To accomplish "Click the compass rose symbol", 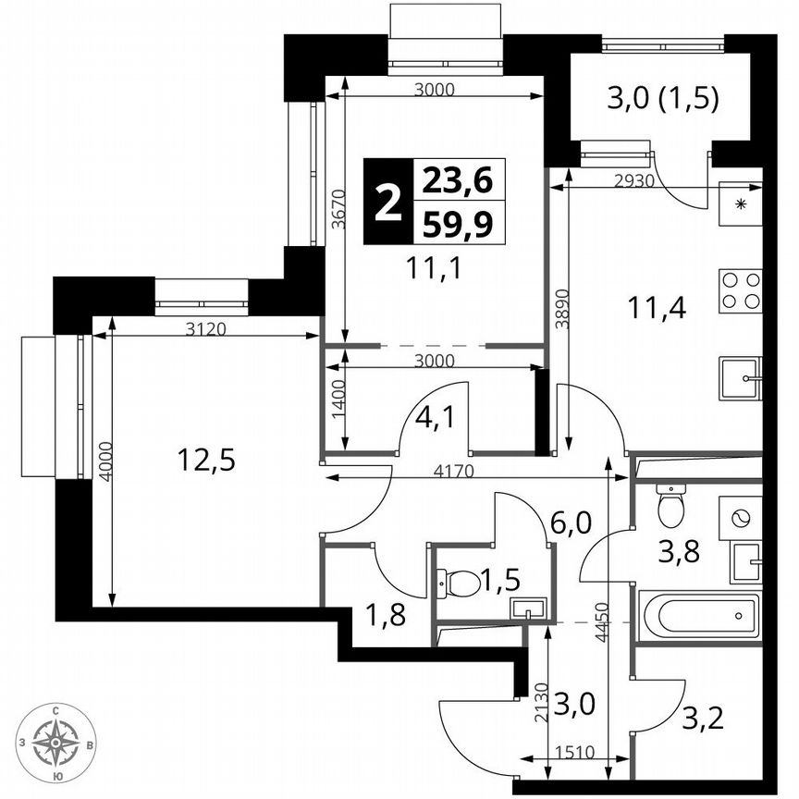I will tap(57, 742).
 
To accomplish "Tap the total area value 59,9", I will tap(458, 223).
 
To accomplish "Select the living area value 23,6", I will tap(458, 178).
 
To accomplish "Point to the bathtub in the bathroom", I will tap(700, 615).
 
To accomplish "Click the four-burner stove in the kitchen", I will tap(741, 289).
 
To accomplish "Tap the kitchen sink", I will tap(740, 377).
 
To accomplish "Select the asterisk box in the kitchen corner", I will tap(741, 203).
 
